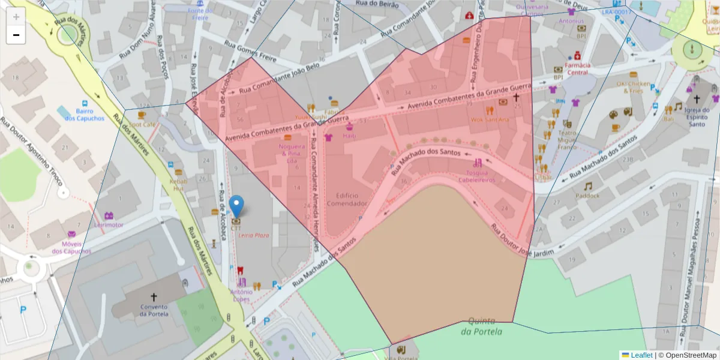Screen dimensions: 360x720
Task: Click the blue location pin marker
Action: click(x=237, y=206)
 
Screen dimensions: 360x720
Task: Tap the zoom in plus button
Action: click(x=16, y=17)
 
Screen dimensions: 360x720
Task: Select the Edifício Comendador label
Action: click(x=346, y=199)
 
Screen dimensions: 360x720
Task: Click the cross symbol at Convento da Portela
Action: click(x=154, y=296)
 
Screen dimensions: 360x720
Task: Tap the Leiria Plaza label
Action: click(x=254, y=235)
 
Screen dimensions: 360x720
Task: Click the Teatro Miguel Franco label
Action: click(x=567, y=139)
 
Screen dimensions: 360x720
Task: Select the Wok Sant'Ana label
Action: click(x=490, y=119)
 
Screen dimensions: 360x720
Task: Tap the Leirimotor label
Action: click(x=109, y=225)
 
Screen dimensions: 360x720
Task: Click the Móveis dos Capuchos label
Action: click(x=71, y=247)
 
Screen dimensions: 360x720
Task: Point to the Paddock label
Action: click(x=587, y=196)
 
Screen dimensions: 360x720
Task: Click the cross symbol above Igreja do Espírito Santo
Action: click(x=696, y=99)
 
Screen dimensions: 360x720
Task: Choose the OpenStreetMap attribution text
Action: click(x=687, y=355)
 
